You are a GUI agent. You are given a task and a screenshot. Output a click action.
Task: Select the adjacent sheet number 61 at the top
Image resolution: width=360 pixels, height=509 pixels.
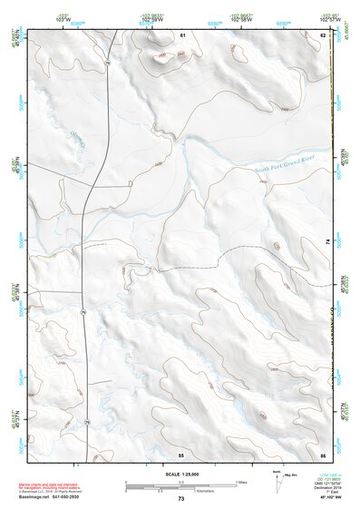(x=181, y=34)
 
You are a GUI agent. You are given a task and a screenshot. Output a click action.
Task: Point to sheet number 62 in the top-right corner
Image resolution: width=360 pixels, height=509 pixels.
(x=323, y=34)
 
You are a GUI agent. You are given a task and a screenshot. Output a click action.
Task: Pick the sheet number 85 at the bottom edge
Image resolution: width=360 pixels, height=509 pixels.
(x=181, y=454)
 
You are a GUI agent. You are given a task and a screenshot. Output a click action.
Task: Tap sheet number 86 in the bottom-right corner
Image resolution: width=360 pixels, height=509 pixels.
(x=323, y=454)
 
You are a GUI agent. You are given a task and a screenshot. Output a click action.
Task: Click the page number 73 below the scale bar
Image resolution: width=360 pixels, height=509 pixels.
(x=181, y=499)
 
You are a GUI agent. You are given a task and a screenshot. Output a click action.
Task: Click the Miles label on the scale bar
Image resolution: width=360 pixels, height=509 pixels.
(x=240, y=482)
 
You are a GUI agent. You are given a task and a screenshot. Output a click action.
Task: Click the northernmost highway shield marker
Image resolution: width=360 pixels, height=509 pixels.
(x=107, y=64)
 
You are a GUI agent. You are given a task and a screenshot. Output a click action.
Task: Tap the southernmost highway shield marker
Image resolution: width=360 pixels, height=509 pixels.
(x=88, y=422)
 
